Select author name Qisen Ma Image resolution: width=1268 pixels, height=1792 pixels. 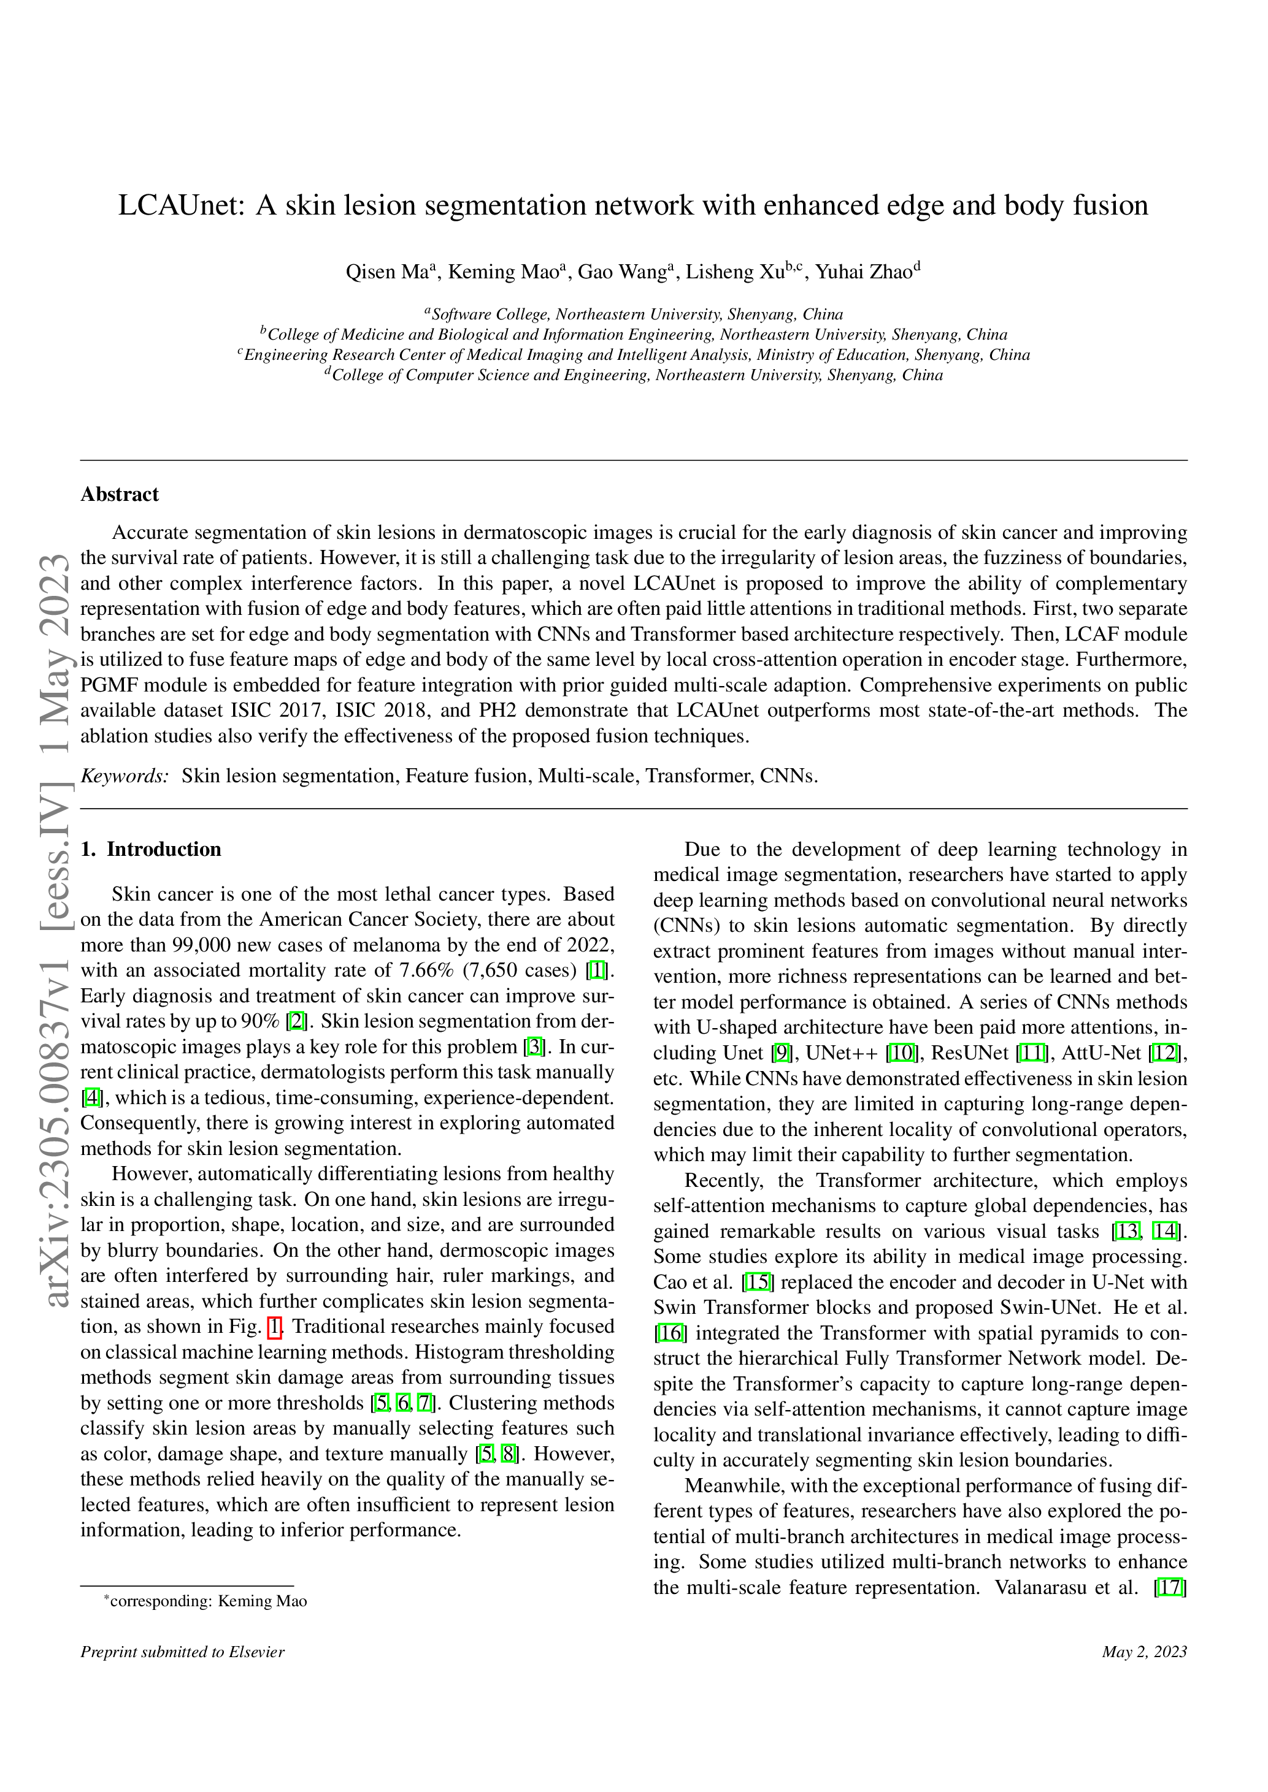coord(386,272)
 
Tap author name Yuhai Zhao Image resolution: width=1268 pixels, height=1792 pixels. coord(864,272)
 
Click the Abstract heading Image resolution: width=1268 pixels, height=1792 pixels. coord(120,494)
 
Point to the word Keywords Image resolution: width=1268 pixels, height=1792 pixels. coord(124,776)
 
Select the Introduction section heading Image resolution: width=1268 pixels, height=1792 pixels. coord(163,849)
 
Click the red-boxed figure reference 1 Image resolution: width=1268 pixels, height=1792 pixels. coord(274,1327)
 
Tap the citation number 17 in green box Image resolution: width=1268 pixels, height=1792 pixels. coord(1170,1587)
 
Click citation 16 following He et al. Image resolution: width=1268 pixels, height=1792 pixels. coord(670,1333)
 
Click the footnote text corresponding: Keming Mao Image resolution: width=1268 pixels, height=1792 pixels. coord(209,1601)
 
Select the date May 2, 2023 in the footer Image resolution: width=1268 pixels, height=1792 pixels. coord(1144,1652)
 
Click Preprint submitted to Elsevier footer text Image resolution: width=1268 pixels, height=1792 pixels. coord(183,1652)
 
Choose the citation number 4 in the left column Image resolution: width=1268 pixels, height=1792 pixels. coord(92,1098)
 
